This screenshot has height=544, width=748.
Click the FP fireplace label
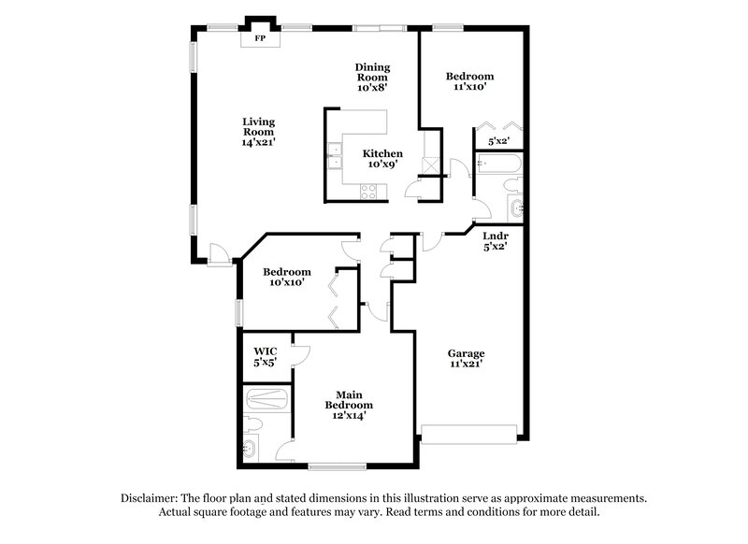[x=259, y=39]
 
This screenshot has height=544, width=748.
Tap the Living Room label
[x=258, y=132]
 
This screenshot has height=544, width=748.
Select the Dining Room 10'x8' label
[x=372, y=77]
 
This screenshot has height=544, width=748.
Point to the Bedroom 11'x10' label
[x=469, y=81]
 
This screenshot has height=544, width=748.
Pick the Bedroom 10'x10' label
[x=286, y=278]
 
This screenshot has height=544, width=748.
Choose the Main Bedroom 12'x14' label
[x=349, y=400]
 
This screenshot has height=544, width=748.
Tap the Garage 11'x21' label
[x=465, y=360]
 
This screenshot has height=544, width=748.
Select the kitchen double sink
[x=334, y=154]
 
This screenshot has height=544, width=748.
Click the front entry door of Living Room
[x=217, y=251]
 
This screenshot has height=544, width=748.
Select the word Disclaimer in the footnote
[x=151, y=498]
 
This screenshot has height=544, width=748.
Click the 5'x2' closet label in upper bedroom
[x=499, y=142]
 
